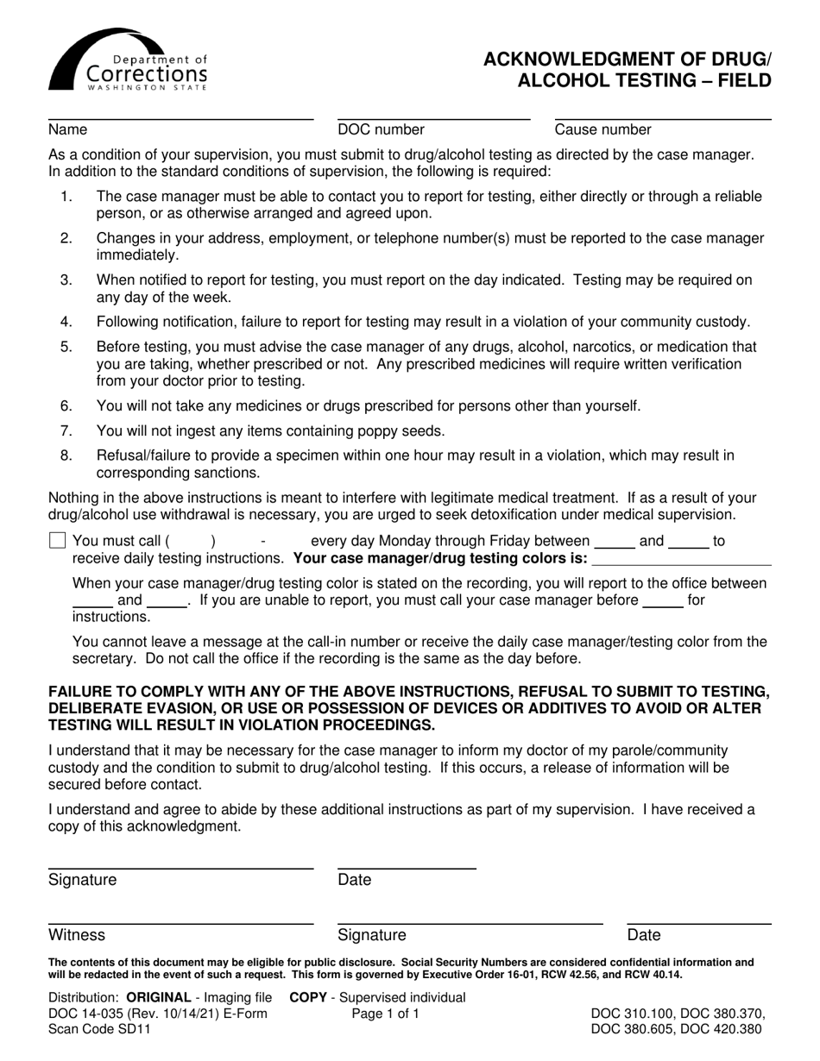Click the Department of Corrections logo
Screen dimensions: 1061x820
tap(128, 60)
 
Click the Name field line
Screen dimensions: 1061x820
tap(180, 117)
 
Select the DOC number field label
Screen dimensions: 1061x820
tap(381, 130)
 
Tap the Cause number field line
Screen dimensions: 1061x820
tap(662, 117)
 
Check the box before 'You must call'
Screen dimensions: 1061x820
tap(58, 542)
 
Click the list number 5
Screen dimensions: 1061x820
tap(66, 347)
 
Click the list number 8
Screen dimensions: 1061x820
tap(66, 455)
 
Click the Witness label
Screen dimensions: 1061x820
tap(77, 935)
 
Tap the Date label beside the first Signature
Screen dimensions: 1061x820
tap(354, 880)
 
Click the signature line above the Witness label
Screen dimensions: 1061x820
tap(180, 923)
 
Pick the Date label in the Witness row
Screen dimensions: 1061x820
tap(644, 935)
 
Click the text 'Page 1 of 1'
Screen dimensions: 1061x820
tap(385, 1014)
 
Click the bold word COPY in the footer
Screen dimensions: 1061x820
tap(307, 998)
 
